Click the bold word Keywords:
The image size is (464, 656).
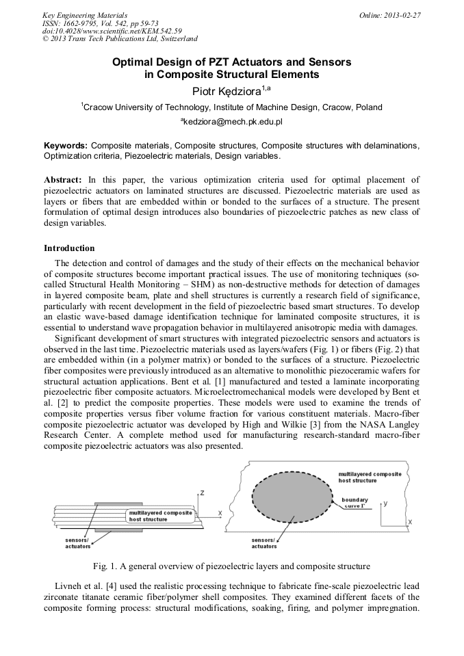tap(66, 146)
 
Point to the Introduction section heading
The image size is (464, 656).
tap(69, 248)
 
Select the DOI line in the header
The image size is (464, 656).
tap(112, 31)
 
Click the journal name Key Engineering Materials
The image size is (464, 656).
tap(85, 14)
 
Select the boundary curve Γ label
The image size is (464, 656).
tap(355, 503)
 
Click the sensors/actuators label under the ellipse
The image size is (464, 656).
tap(264, 542)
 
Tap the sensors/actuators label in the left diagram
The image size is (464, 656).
tap(77, 542)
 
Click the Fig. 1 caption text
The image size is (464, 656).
tap(231, 566)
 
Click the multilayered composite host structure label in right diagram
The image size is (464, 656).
tap(370, 477)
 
